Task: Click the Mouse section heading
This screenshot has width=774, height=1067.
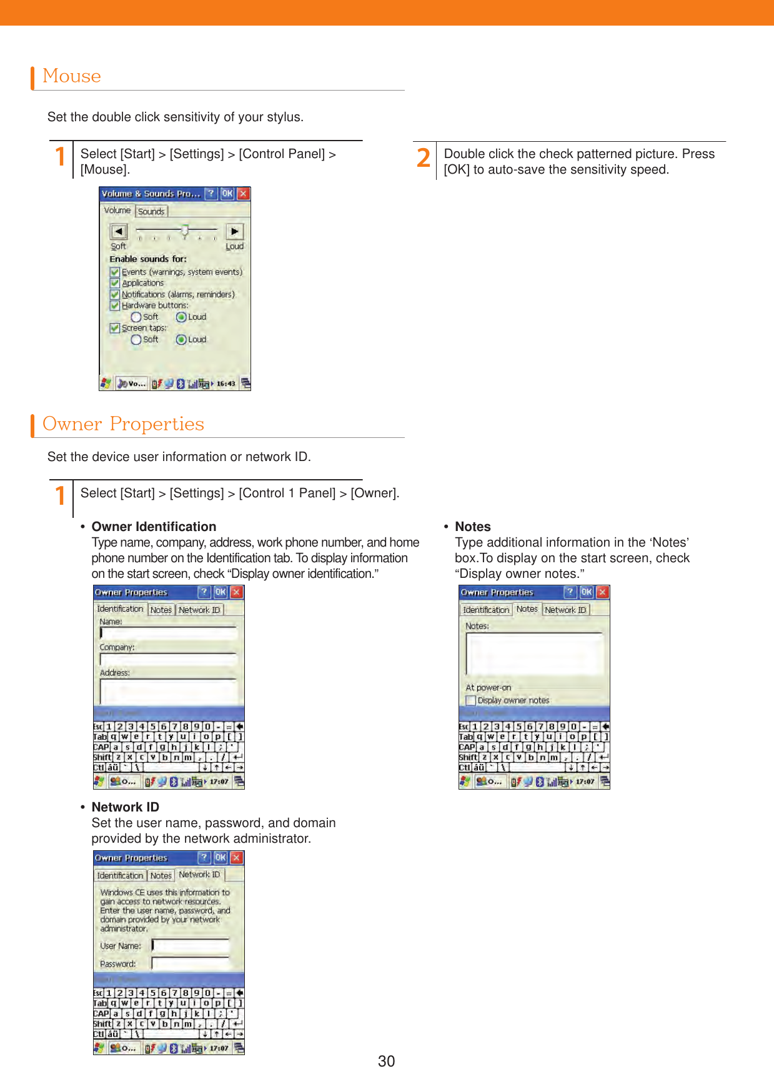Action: coord(72,76)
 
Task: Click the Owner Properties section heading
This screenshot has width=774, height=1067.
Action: coord(123,424)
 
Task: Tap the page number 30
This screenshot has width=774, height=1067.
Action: coord(386,1060)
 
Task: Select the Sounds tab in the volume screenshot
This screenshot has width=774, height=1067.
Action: coord(151,211)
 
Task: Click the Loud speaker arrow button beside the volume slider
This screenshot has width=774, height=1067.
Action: coord(234,232)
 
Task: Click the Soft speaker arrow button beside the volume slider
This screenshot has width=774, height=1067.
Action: coord(119,232)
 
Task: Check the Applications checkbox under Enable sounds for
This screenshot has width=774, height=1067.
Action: coord(115,283)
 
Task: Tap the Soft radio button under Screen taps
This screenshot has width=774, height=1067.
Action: coord(136,340)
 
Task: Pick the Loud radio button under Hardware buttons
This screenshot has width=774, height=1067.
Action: coord(181,317)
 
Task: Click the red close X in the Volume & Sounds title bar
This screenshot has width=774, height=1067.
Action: coord(243,194)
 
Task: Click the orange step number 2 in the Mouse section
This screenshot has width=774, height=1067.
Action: coord(424,157)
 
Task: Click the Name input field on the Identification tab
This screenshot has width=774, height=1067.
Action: coord(169,633)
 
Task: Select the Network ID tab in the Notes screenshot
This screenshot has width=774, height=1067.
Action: coord(565,610)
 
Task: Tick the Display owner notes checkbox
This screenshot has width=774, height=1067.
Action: coord(471,701)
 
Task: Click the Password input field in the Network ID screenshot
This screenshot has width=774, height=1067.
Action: coord(191,964)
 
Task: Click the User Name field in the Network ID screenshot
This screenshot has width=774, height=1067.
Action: coord(191,946)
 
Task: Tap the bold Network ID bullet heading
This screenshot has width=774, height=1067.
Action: coord(125,807)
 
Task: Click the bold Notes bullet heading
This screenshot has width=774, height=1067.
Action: coord(473,527)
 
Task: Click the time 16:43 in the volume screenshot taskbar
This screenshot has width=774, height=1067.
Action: coord(226,384)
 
